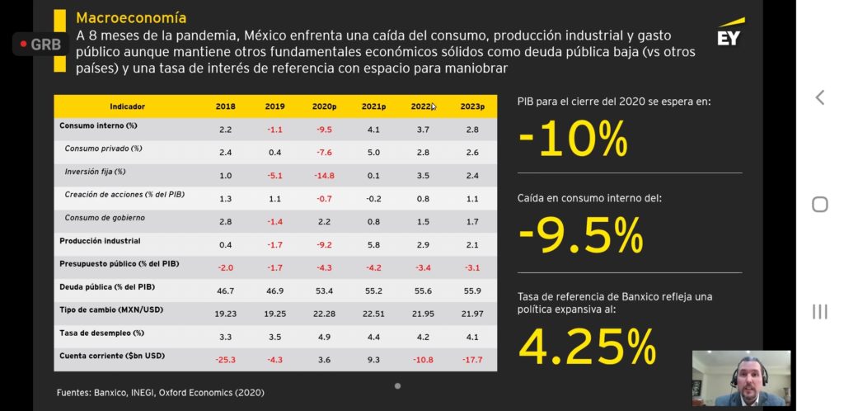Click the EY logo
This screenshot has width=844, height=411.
pos(729,35)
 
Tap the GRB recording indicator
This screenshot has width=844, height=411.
pos(40,44)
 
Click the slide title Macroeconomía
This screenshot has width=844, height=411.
pos(131,17)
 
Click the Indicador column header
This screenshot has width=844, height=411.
pos(128,106)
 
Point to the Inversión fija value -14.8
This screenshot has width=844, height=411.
pos(324,175)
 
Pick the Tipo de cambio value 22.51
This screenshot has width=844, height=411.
pos(373,314)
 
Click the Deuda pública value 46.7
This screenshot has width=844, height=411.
pos(225,291)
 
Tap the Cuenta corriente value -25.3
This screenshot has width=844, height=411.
pos(225,360)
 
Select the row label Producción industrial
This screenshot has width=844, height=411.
pos(100,241)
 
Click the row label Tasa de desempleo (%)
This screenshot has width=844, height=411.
pos(102,333)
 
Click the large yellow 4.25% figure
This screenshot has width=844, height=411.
pos(587,347)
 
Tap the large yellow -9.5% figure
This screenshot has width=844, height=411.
pos(580,237)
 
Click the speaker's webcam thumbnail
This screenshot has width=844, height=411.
pos(741,379)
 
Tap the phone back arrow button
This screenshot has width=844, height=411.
pos(819,97)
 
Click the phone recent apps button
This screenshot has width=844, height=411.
pos(819,311)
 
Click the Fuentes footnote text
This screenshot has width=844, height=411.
pos(161,392)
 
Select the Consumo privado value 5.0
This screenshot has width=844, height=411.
pos(373,152)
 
